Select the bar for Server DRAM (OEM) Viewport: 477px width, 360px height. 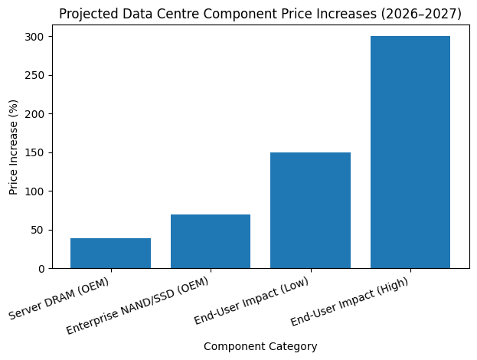[110, 254]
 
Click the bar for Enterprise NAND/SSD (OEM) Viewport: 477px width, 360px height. [211, 241]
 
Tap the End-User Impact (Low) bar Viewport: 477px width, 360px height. [310, 211]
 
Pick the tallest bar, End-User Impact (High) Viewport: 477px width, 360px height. [410, 152]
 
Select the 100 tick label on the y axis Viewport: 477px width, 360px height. [35, 191]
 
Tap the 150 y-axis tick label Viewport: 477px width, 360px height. [35, 152]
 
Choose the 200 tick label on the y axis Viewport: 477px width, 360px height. [35, 114]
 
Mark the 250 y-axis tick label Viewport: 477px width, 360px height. [35, 75]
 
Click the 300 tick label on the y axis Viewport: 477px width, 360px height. [35, 37]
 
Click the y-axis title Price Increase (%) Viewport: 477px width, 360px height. [14, 152]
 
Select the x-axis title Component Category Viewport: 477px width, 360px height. [260, 346]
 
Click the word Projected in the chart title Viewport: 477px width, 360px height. [86, 14]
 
